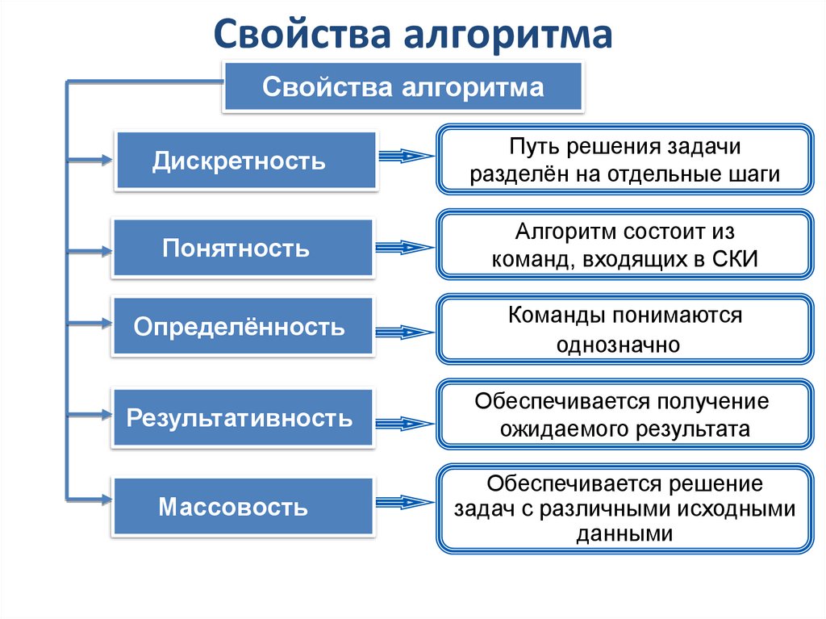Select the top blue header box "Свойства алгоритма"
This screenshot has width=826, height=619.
tap(403, 86)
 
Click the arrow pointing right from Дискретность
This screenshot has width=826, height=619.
tap(407, 157)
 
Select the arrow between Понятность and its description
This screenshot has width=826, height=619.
tap(405, 247)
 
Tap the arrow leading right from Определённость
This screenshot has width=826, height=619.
tap(405, 331)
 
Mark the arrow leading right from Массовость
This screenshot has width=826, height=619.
tap(405, 503)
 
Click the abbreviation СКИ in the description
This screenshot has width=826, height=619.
tap(736, 259)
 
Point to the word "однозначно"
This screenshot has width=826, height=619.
tap(619, 345)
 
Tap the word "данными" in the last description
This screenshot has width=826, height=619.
tap(625, 533)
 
